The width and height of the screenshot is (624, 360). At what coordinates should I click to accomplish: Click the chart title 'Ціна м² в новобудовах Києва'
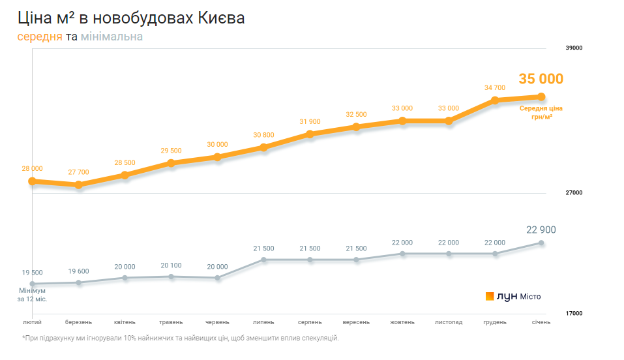click(x=131, y=18)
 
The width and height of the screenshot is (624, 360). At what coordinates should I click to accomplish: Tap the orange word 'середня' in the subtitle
click(x=40, y=37)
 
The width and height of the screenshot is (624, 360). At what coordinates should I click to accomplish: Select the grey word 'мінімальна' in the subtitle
click(x=111, y=37)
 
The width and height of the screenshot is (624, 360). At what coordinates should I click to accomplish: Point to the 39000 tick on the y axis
click(x=573, y=48)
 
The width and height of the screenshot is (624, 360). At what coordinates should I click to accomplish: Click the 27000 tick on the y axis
click(x=573, y=193)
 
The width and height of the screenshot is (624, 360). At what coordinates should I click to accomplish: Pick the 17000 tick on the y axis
click(x=573, y=314)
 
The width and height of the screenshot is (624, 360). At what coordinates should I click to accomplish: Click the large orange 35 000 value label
click(x=541, y=79)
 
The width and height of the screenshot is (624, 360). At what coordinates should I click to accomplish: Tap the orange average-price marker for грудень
click(x=495, y=100)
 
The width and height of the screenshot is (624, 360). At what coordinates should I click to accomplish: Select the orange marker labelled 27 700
click(x=78, y=185)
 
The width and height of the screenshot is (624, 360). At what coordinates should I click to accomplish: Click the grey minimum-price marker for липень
click(x=264, y=260)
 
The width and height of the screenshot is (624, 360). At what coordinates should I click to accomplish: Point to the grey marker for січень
click(x=541, y=243)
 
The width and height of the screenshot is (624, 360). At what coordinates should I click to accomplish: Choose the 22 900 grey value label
click(x=541, y=230)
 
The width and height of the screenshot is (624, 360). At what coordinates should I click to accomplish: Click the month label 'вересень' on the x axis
click(x=356, y=322)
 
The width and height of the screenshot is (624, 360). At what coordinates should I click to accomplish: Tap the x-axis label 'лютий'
click(x=33, y=322)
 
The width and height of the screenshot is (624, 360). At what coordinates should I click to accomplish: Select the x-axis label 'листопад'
click(x=449, y=322)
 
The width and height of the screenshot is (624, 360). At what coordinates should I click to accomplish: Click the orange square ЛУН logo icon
click(x=490, y=296)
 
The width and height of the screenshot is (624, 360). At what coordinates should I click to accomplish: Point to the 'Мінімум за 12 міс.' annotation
click(x=33, y=295)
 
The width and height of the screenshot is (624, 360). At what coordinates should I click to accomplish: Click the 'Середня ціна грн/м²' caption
click(x=541, y=112)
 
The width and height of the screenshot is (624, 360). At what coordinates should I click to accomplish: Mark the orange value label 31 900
click(x=310, y=122)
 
